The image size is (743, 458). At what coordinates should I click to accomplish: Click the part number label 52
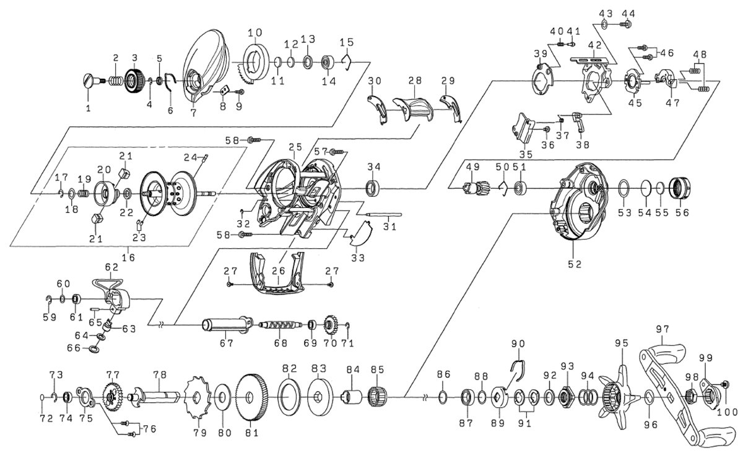575,264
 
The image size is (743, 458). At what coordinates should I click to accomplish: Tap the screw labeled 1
89,80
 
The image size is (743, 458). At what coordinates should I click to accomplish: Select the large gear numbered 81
252,397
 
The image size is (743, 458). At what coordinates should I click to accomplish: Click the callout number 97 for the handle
663,329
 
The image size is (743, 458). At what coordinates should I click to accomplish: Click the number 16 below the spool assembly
129,255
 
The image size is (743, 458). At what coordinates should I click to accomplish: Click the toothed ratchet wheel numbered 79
194,397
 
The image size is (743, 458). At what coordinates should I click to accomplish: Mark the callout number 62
111,267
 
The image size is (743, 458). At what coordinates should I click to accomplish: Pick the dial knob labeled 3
134,80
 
